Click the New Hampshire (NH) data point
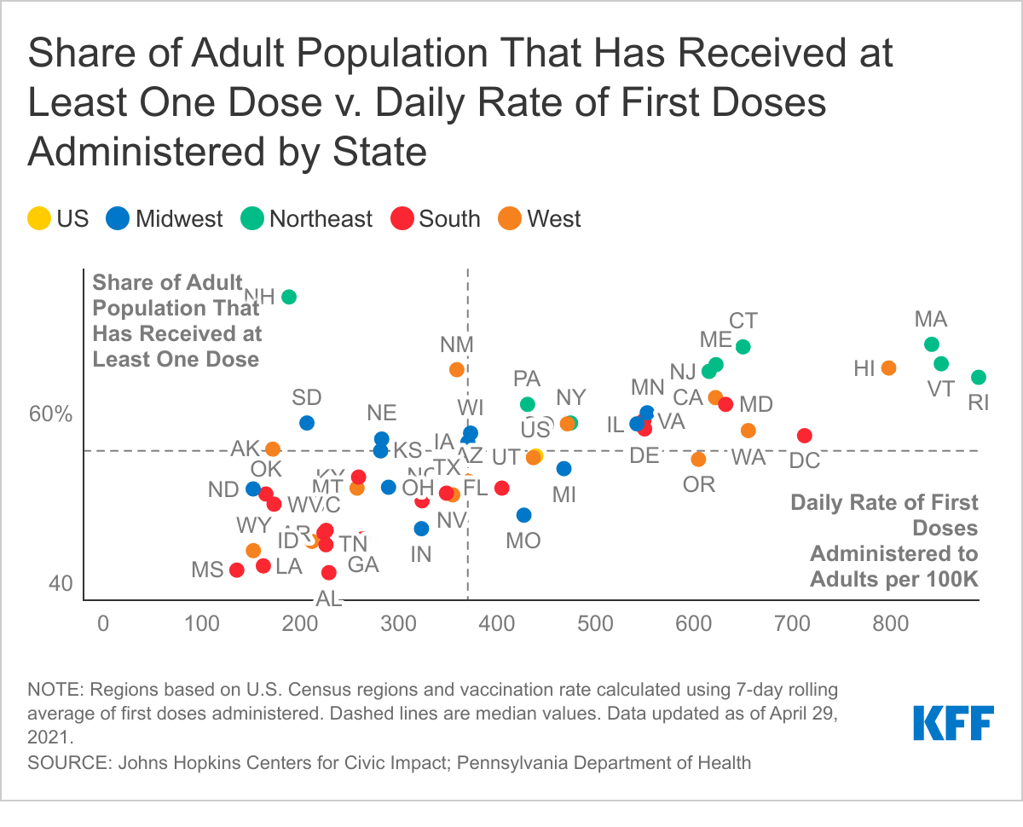289,297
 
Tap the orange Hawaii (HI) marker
888,367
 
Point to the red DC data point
804,436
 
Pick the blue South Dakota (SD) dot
307,423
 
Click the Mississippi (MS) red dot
237,570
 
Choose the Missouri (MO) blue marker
524,515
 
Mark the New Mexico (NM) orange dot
457,369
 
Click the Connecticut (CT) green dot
743,346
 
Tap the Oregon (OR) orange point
698,459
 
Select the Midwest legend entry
165,218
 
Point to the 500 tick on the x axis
595,623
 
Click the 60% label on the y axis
52,414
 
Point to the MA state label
931,320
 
